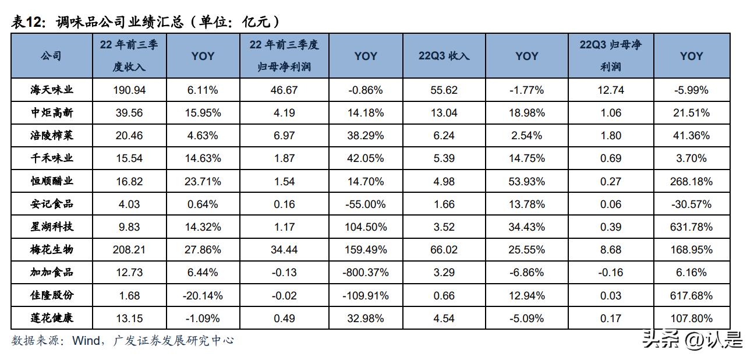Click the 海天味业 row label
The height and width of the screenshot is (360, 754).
point(52,90)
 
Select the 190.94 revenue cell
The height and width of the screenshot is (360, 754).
point(129,90)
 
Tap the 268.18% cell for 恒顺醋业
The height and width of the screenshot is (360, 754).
point(691,181)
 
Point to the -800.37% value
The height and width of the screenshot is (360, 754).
point(366,272)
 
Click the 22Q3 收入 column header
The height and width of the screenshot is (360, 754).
point(444,56)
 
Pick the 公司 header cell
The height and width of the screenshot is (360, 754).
point(51,56)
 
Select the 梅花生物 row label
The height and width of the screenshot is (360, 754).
point(52,249)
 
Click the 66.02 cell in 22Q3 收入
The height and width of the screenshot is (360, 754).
point(444,250)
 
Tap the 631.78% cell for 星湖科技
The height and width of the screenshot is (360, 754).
point(691,227)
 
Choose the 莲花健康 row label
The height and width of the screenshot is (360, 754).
point(52,317)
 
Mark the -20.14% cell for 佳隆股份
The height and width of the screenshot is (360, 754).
point(203,295)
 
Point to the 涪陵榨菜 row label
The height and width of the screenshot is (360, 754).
point(52,135)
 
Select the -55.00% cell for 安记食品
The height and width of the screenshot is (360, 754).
point(366,204)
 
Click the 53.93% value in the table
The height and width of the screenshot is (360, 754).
point(527,181)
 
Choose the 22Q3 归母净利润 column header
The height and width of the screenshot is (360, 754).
point(610,56)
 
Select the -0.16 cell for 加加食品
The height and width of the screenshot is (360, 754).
point(610,272)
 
